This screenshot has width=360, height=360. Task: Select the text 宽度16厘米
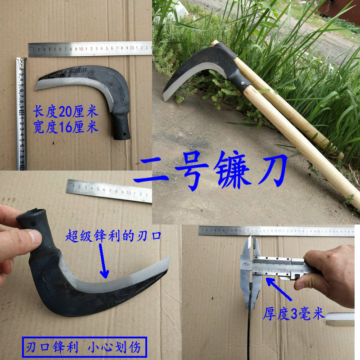66,127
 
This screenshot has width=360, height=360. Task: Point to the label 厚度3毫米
293,314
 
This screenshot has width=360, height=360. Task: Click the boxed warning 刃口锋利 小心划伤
84,347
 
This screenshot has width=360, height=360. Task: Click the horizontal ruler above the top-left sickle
90,49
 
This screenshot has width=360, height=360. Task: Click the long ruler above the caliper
279,230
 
